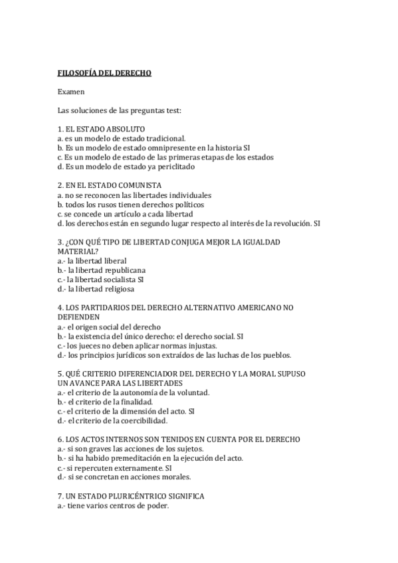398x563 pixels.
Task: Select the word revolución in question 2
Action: tap(289, 224)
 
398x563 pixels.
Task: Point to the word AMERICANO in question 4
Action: tap(249, 308)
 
